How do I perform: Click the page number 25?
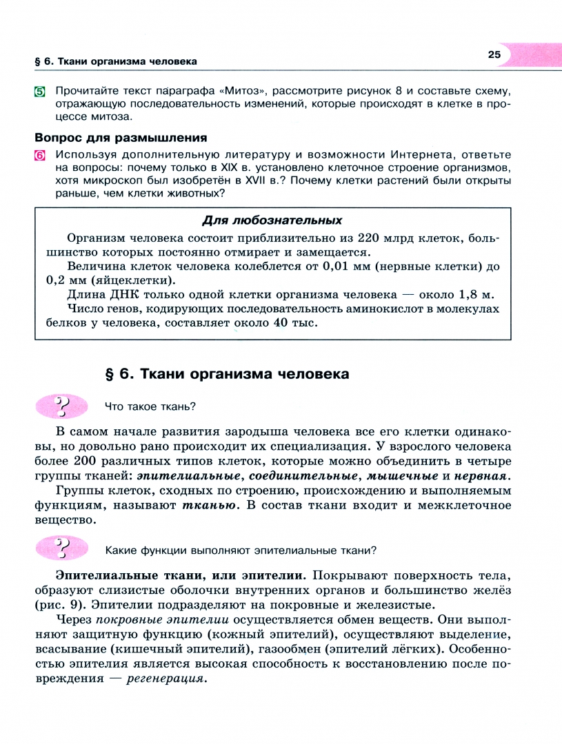click(494, 55)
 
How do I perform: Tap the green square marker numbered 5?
click(41, 92)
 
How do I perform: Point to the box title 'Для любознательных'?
click(272, 220)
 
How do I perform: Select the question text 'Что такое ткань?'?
click(146, 406)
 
